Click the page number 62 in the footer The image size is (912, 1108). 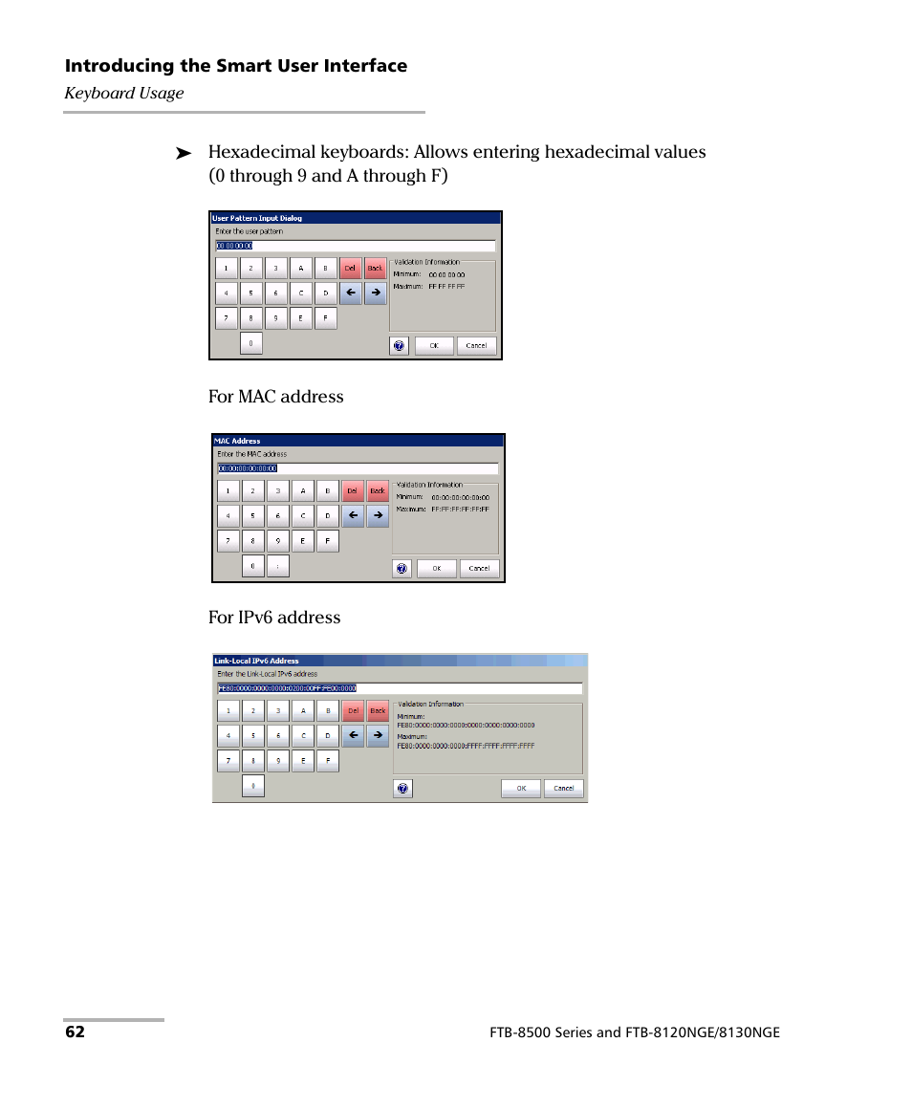click(x=75, y=1032)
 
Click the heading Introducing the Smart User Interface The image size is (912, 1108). click(x=235, y=66)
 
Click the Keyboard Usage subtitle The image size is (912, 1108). click(x=123, y=94)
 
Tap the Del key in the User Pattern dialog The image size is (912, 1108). click(x=350, y=269)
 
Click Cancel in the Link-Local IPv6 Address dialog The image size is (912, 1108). click(x=563, y=789)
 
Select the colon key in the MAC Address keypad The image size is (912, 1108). click(x=277, y=566)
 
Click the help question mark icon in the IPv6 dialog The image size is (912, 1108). click(x=402, y=789)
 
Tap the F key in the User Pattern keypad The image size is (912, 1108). click(x=325, y=318)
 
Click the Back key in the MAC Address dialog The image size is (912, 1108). click(x=378, y=491)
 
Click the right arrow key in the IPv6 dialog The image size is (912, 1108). click(x=378, y=736)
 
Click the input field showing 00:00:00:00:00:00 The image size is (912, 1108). click(x=357, y=468)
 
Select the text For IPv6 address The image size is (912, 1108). click(x=274, y=618)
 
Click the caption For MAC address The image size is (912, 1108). click(x=275, y=397)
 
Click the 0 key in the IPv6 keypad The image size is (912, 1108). click(x=252, y=786)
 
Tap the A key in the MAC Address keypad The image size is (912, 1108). click(x=302, y=491)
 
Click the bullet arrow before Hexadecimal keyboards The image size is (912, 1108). click(x=184, y=153)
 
